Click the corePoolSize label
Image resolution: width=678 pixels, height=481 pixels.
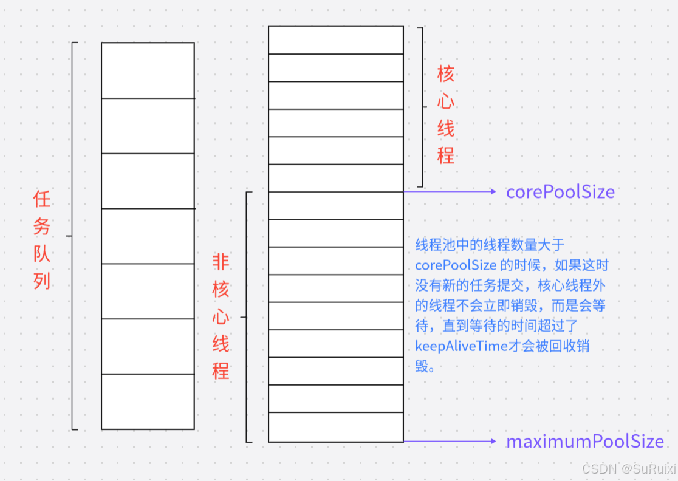pos(560,192)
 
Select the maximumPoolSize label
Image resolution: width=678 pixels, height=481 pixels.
pos(585,442)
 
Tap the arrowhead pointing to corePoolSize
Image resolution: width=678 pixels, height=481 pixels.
pos(493,192)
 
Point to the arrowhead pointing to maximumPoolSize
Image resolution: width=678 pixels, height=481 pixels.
pos(493,442)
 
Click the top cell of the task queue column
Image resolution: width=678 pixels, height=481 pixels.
pos(148,70)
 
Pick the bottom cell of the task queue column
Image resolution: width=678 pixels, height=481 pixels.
pos(148,401)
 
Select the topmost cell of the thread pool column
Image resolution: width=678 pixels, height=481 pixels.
pos(335,40)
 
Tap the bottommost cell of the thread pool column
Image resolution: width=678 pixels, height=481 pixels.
pos(335,427)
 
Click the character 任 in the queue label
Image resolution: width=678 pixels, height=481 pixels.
pos(42,199)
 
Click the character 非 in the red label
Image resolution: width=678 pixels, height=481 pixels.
pos(221,262)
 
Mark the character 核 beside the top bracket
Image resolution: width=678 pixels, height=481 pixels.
pos(446,74)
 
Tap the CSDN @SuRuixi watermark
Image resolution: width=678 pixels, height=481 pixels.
pos(628,469)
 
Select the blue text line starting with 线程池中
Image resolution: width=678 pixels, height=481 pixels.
pos(490,245)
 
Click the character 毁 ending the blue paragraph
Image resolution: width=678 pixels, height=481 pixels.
pos(422,366)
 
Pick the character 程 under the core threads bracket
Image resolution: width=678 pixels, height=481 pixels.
pos(446,156)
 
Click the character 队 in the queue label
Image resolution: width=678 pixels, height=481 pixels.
pos(42,254)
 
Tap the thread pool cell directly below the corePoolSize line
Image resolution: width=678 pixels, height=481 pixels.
pos(335,205)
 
